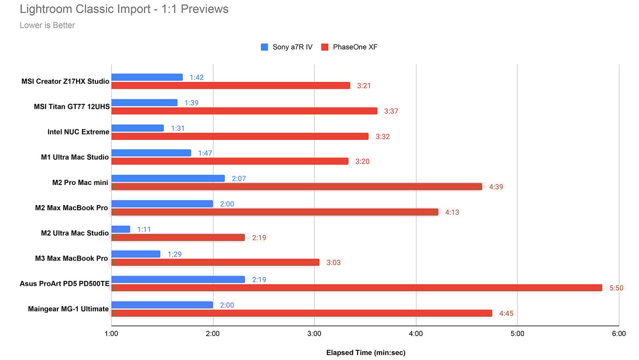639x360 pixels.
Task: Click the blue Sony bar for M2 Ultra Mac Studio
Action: click(x=121, y=229)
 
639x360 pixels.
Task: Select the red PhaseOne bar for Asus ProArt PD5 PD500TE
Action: click(x=356, y=288)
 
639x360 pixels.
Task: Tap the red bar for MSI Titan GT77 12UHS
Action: click(x=244, y=111)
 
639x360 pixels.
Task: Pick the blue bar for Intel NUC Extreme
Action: click(x=137, y=128)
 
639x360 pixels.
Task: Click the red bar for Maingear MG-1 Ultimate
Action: click(x=302, y=313)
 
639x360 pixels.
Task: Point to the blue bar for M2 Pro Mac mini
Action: click(x=168, y=178)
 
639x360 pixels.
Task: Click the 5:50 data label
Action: click(x=616, y=288)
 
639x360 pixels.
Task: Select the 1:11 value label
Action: click(x=144, y=229)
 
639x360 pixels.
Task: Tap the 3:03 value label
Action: click(x=333, y=263)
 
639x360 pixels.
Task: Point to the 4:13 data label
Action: click(x=452, y=212)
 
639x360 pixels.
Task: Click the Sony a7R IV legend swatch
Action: click(x=264, y=47)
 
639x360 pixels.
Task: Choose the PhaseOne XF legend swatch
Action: click(x=325, y=47)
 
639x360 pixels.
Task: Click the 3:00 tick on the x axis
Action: click(x=314, y=334)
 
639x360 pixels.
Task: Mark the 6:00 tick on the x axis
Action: click(x=619, y=334)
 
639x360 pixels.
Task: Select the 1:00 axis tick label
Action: click(x=111, y=334)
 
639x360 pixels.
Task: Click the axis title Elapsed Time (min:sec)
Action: click(x=365, y=352)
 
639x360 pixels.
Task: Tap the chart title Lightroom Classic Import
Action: click(x=124, y=9)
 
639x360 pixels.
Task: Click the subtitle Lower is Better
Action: click(x=47, y=25)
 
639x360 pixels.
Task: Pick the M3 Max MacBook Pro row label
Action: click(x=71, y=258)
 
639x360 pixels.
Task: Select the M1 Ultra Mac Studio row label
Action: click(x=75, y=157)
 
